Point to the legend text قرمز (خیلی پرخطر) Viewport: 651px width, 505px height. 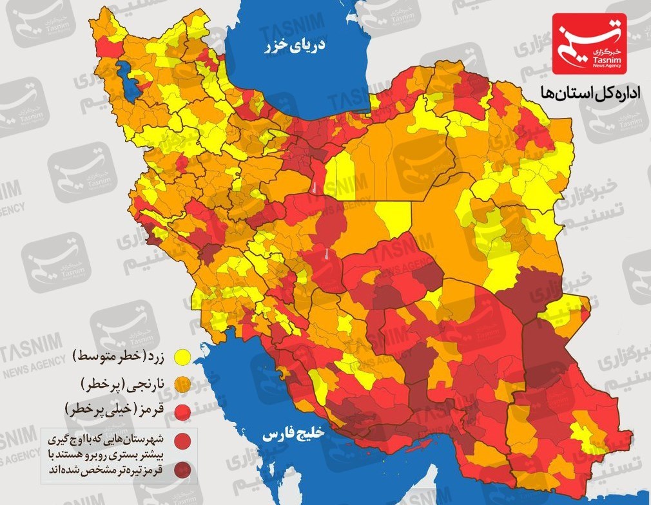119,410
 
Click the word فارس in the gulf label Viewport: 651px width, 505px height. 277,434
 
